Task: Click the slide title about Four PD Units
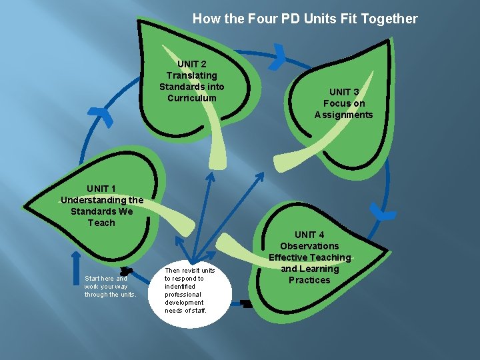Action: coord(305,19)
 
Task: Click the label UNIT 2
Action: coord(192,64)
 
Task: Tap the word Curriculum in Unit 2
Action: coord(192,98)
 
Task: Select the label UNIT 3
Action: coord(344,92)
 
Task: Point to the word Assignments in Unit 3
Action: coord(344,115)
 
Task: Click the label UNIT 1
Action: coord(101,188)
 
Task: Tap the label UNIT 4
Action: coord(309,234)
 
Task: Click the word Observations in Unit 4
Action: coord(309,246)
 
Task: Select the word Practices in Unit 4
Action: coord(309,280)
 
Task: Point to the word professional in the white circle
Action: coord(183,294)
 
